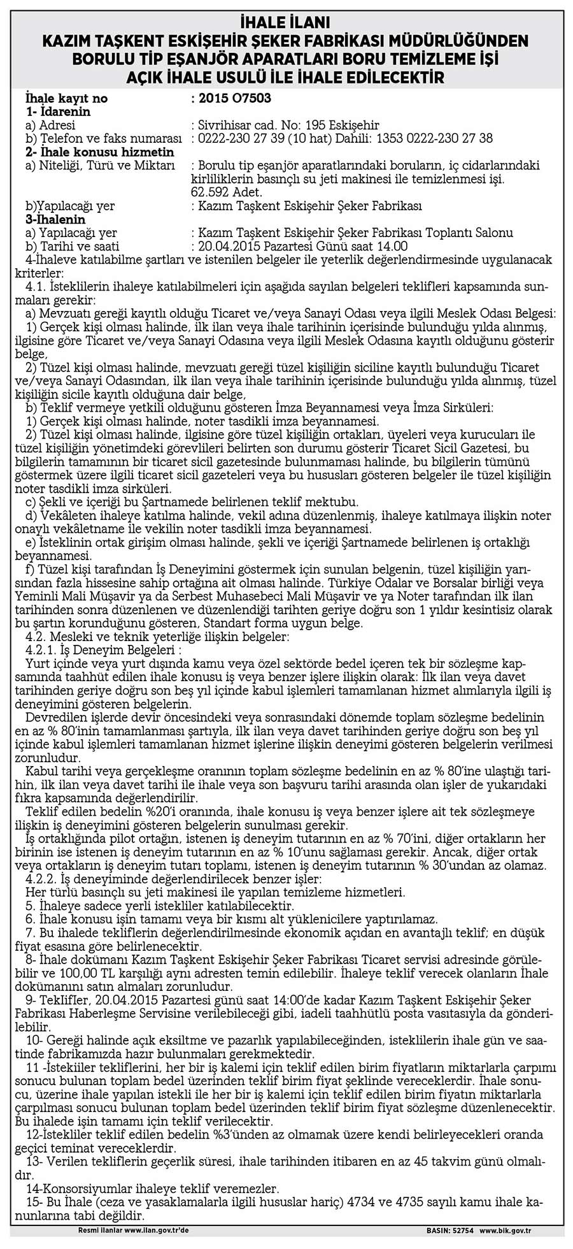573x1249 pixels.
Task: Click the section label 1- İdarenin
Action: [58, 112]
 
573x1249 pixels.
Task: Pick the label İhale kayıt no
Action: [66, 99]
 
